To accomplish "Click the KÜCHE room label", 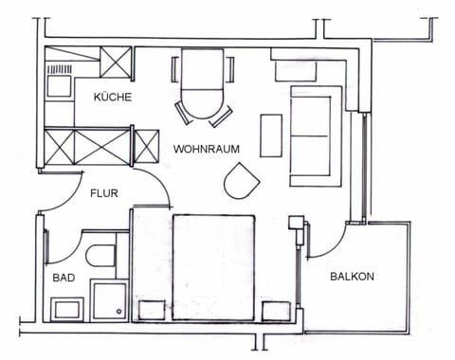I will pos(112,98).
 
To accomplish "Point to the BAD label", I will pos(64,278).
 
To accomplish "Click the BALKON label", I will pos(352,277).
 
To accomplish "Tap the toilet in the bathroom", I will pos(100,254).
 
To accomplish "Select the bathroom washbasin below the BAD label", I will pos(67,308).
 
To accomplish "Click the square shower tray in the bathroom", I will pos(109,299).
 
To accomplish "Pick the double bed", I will pos(213,265).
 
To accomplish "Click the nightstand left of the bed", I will pos(152,310).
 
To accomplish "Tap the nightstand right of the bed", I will pos(276,310).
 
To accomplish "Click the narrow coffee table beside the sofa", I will pos(271,135).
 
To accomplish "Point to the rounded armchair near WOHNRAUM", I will pos(241,180).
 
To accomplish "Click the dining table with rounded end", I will pos(203,85).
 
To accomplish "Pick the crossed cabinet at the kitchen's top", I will pos(118,64).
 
